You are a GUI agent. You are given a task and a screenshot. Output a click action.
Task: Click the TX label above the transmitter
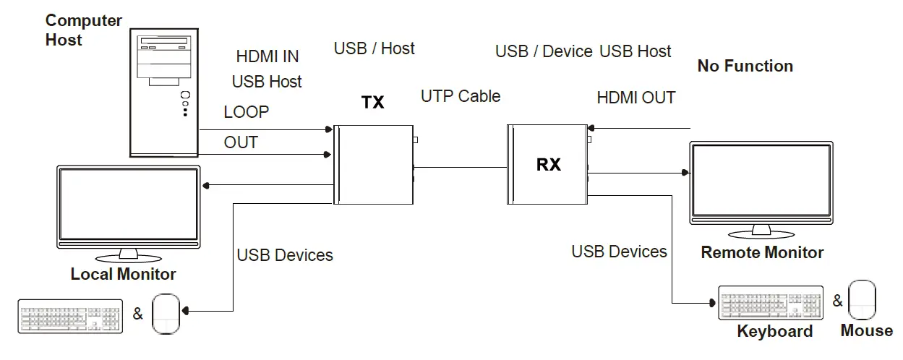(372, 103)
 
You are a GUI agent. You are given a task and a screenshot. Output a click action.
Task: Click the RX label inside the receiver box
(548, 165)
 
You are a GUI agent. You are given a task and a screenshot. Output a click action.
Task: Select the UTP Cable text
(461, 95)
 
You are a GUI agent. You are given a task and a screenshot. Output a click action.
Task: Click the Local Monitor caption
(123, 275)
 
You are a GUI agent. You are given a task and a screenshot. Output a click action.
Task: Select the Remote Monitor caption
(762, 252)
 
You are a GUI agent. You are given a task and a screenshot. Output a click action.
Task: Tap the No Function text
(745, 66)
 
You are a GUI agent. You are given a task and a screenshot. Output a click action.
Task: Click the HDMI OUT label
(636, 98)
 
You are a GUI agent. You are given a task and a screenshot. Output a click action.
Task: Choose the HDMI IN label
(268, 56)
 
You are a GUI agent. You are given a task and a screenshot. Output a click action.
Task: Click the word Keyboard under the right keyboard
(774, 331)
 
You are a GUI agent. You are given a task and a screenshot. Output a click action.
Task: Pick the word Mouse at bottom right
(866, 330)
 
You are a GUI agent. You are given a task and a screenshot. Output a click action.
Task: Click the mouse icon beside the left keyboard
(165, 313)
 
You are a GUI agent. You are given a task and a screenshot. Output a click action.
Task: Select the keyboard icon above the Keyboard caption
(770, 303)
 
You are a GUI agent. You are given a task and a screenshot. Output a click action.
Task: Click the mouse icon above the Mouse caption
(862, 300)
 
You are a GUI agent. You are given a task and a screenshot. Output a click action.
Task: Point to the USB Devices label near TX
(285, 255)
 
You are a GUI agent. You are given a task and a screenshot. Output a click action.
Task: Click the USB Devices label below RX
(619, 252)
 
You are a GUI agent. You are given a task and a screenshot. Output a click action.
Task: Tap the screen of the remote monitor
(761, 181)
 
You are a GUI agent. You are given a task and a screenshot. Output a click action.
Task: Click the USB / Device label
(544, 51)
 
